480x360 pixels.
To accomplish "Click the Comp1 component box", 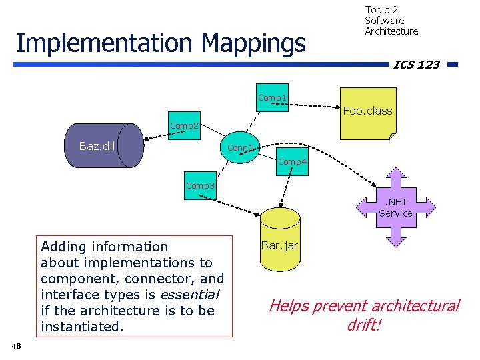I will coord(273,98).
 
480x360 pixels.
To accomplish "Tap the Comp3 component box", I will coord(200,186).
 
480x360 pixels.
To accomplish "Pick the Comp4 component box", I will coord(292,162).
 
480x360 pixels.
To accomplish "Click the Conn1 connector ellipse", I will coord(240,147).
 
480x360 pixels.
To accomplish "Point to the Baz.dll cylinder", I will coord(107,145).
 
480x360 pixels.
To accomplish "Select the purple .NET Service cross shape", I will coord(395,207).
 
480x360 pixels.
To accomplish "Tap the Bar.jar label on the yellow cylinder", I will coord(279,246).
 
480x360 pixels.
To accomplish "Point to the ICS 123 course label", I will coord(417,65).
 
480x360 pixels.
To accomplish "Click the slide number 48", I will coord(17,345).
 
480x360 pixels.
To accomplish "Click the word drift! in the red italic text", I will coord(364,325).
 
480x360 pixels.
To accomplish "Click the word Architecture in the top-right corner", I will coord(391,31).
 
